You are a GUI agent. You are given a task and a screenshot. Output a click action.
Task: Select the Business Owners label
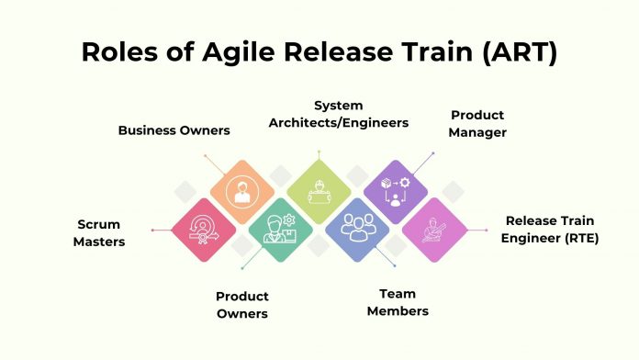tap(174, 130)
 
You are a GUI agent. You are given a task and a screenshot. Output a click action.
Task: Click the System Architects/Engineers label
tap(348, 115)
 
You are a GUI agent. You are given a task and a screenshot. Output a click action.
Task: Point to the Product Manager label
tap(477, 124)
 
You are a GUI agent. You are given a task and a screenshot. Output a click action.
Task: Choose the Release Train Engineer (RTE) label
tap(552, 229)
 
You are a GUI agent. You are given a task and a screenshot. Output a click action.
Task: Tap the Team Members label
tap(398, 302)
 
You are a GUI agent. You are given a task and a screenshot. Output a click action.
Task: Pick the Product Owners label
tap(242, 305)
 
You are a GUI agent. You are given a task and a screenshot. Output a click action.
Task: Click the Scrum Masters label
tap(99, 233)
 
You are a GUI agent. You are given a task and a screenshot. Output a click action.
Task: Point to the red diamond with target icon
tap(204, 230)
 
